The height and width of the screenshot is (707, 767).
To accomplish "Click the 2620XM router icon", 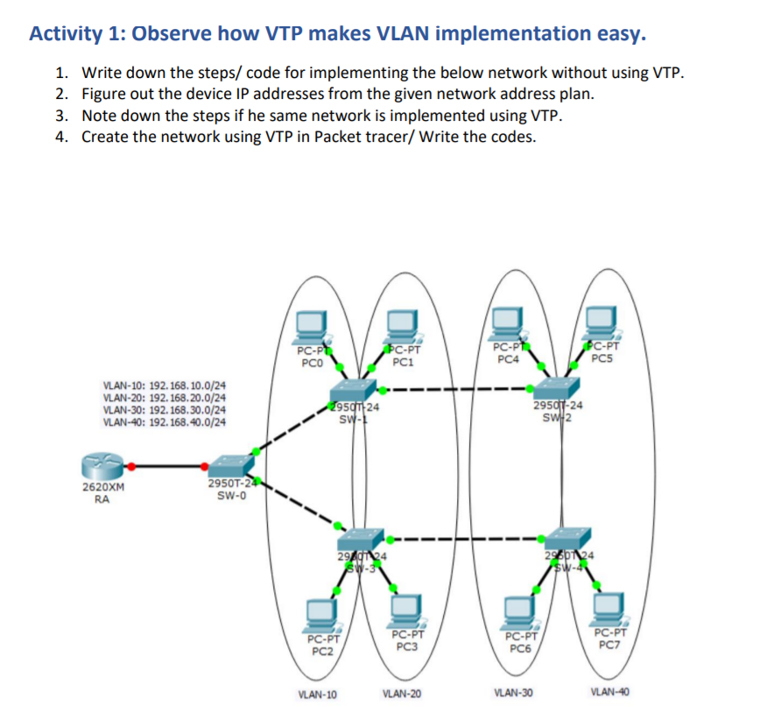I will coord(102,467).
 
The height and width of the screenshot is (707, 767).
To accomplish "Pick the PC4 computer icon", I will coord(509,322).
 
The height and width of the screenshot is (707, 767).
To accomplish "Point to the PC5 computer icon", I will coord(602,322).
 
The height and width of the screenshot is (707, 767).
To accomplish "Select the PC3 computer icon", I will coord(405,610).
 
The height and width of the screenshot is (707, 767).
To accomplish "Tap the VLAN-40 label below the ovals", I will coord(609,692).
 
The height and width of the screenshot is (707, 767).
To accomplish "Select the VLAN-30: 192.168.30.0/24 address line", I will coord(164,409).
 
